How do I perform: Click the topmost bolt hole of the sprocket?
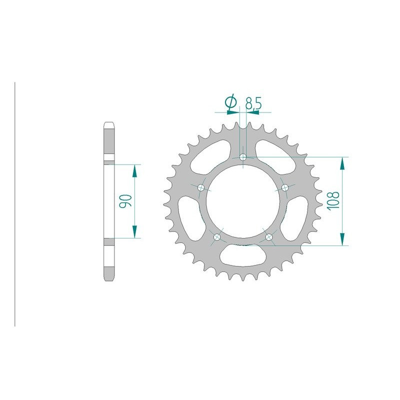[x=243, y=157]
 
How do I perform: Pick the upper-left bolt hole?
[x=201, y=187]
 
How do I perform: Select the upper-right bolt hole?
[x=285, y=187]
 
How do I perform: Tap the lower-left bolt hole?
[x=217, y=237]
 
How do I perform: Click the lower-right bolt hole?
[x=269, y=237]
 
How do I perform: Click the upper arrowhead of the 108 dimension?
[x=342, y=162]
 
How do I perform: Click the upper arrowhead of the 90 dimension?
[x=134, y=170]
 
